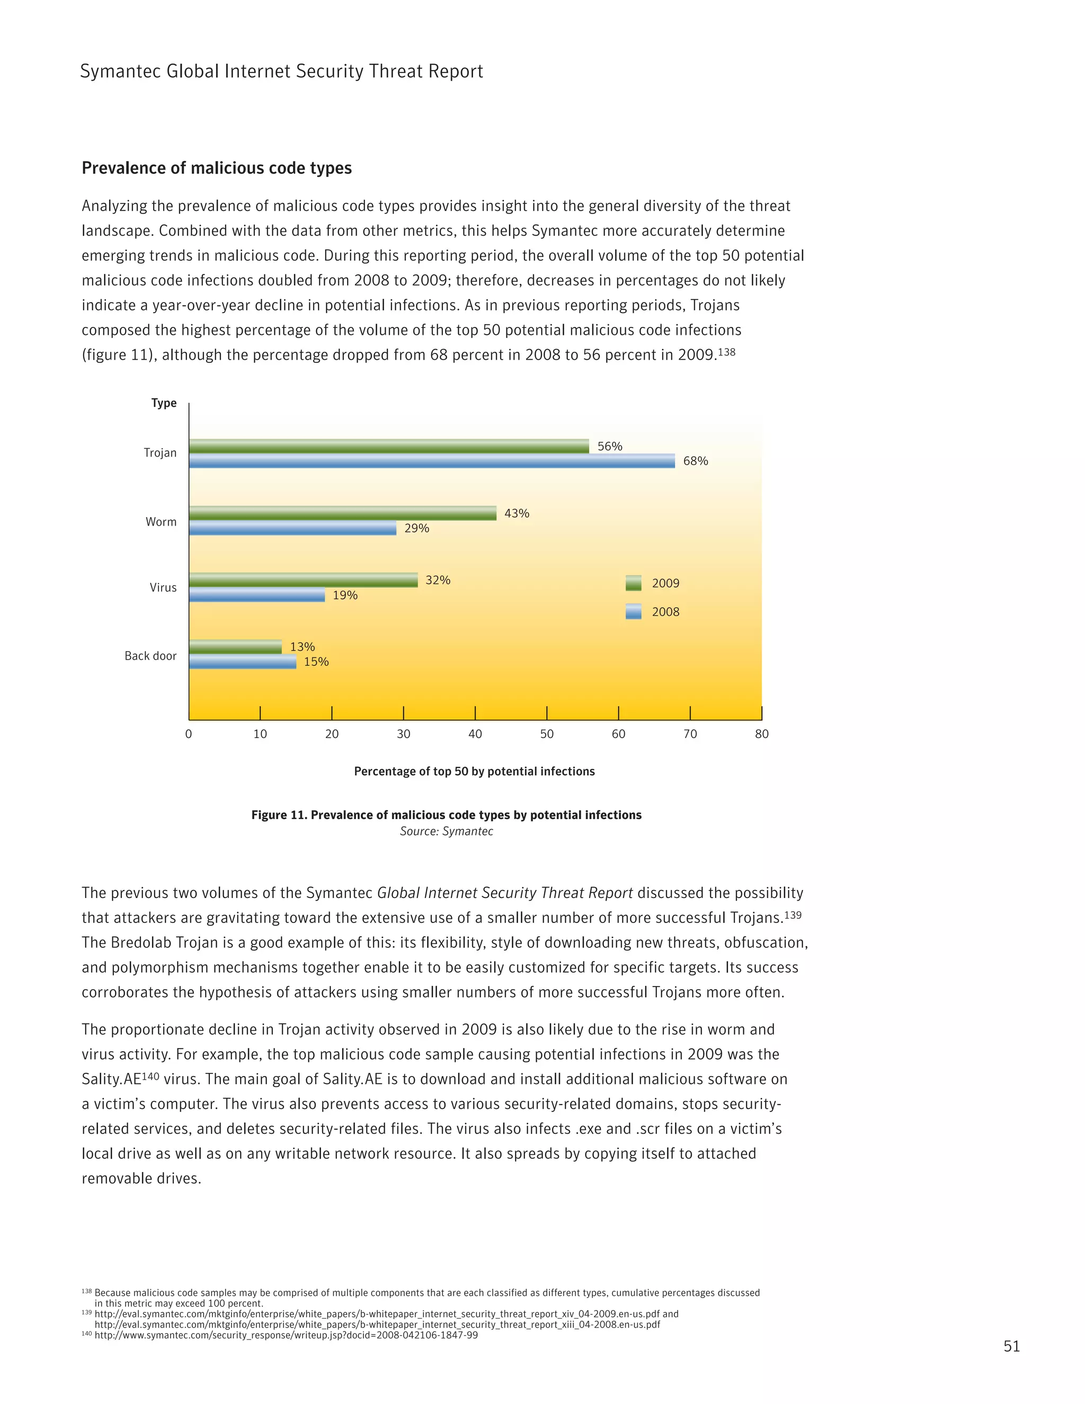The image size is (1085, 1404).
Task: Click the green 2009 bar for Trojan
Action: pos(389,446)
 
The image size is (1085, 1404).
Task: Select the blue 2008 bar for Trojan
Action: pos(432,461)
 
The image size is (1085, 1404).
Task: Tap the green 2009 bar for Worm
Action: pos(343,513)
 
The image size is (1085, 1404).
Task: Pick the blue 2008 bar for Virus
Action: pos(257,596)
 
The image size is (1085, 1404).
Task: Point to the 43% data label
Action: pos(517,513)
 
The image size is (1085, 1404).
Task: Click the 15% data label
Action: pos(316,662)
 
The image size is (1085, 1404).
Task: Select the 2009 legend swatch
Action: pos(633,583)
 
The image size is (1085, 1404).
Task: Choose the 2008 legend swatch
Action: pos(633,611)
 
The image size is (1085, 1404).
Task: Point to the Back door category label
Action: pos(150,656)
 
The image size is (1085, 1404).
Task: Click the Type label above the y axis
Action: pos(164,403)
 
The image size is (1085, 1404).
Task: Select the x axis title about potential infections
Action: pos(474,771)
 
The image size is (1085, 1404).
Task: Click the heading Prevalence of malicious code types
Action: pos(217,168)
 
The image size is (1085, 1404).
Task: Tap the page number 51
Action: pos(1011,1346)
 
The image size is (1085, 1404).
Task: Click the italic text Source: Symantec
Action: pos(446,831)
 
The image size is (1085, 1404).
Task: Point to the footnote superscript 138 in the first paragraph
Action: pos(727,352)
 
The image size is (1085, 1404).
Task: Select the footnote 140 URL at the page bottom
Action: pos(286,1335)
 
